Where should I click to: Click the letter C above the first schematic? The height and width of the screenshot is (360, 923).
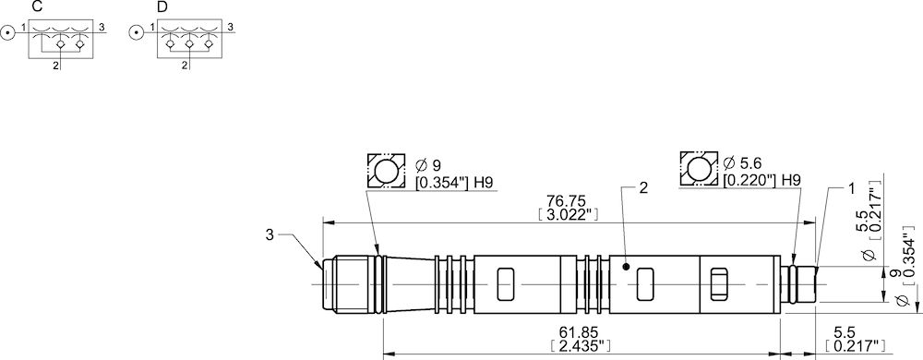tap(36, 7)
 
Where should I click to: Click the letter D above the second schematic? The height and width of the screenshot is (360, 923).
tap(162, 7)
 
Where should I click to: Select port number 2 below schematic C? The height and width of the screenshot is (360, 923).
tap(55, 66)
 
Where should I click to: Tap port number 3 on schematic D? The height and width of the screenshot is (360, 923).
tap(229, 27)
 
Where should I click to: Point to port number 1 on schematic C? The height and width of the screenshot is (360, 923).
tap(22, 27)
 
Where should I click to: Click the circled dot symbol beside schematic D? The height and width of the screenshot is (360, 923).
tap(136, 34)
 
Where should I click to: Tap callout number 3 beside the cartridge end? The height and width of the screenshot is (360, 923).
tap(270, 235)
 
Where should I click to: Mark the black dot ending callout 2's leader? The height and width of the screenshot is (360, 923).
tap(627, 268)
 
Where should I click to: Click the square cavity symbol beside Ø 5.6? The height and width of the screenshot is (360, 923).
tap(698, 170)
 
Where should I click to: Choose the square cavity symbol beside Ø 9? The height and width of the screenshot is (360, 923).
tap(386, 171)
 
